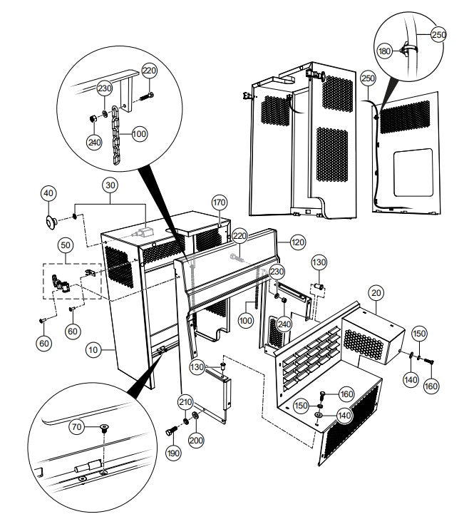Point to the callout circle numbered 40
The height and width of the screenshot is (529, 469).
[x=48, y=193]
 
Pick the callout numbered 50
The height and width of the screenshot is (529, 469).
[x=66, y=245]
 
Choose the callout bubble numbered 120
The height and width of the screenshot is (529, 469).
[x=297, y=242]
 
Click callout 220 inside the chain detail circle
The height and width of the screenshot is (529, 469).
[x=149, y=71]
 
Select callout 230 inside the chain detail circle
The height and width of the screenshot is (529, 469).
[x=105, y=88]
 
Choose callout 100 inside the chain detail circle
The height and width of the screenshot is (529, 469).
[x=138, y=133]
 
